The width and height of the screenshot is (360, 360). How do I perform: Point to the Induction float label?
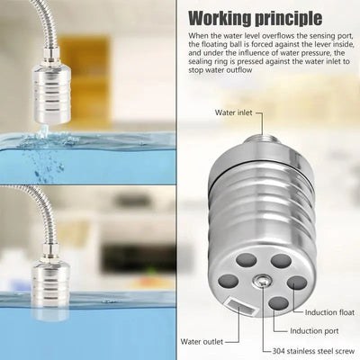(332, 311)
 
